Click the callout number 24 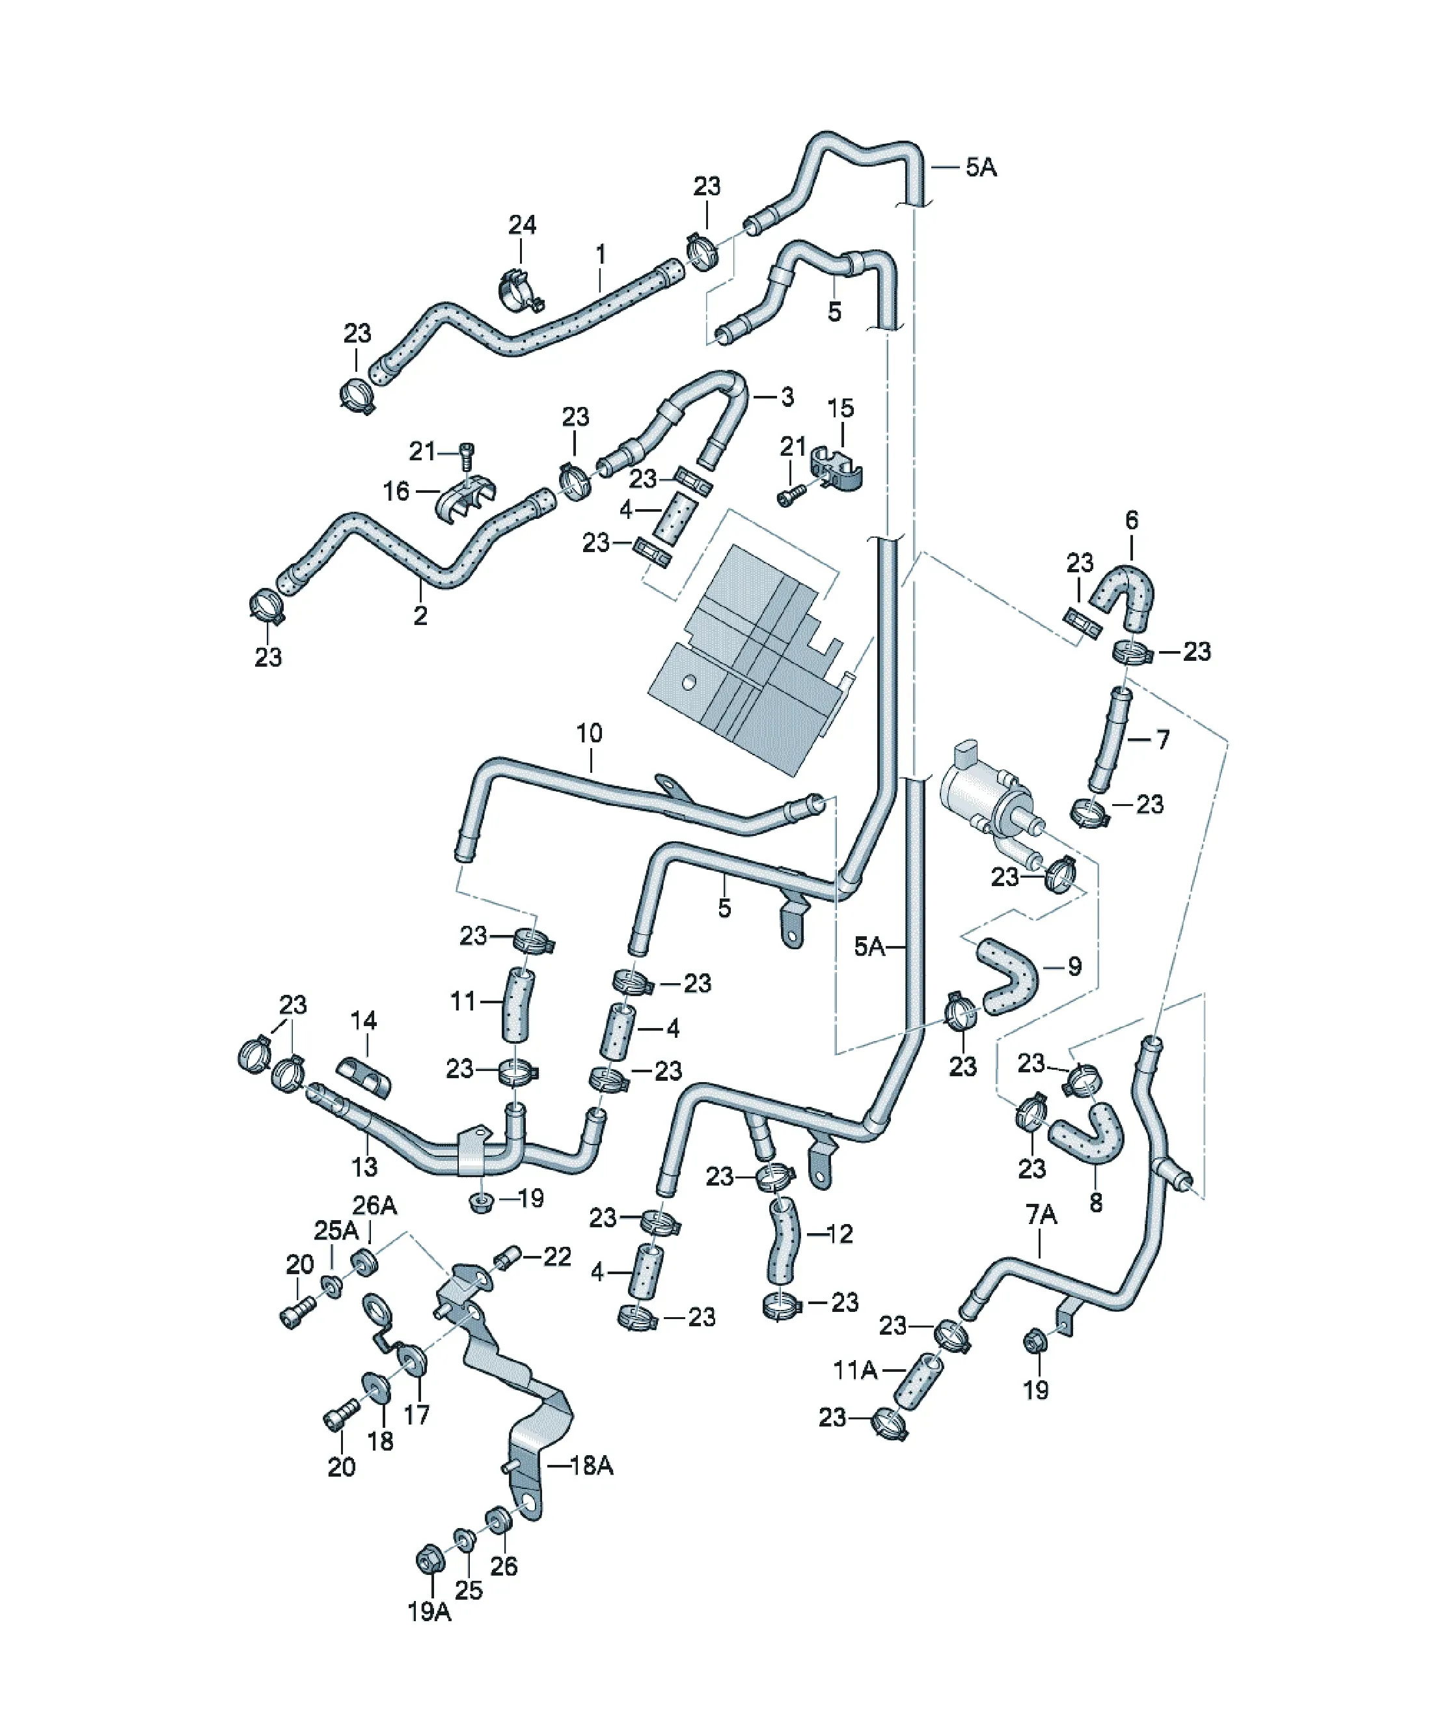(x=522, y=225)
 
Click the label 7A (x=1041, y=1214)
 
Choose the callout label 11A (x=855, y=1370)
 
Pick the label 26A (x=375, y=1206)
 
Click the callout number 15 (x=841, y=408)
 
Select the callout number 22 (x=557, y=1257)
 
